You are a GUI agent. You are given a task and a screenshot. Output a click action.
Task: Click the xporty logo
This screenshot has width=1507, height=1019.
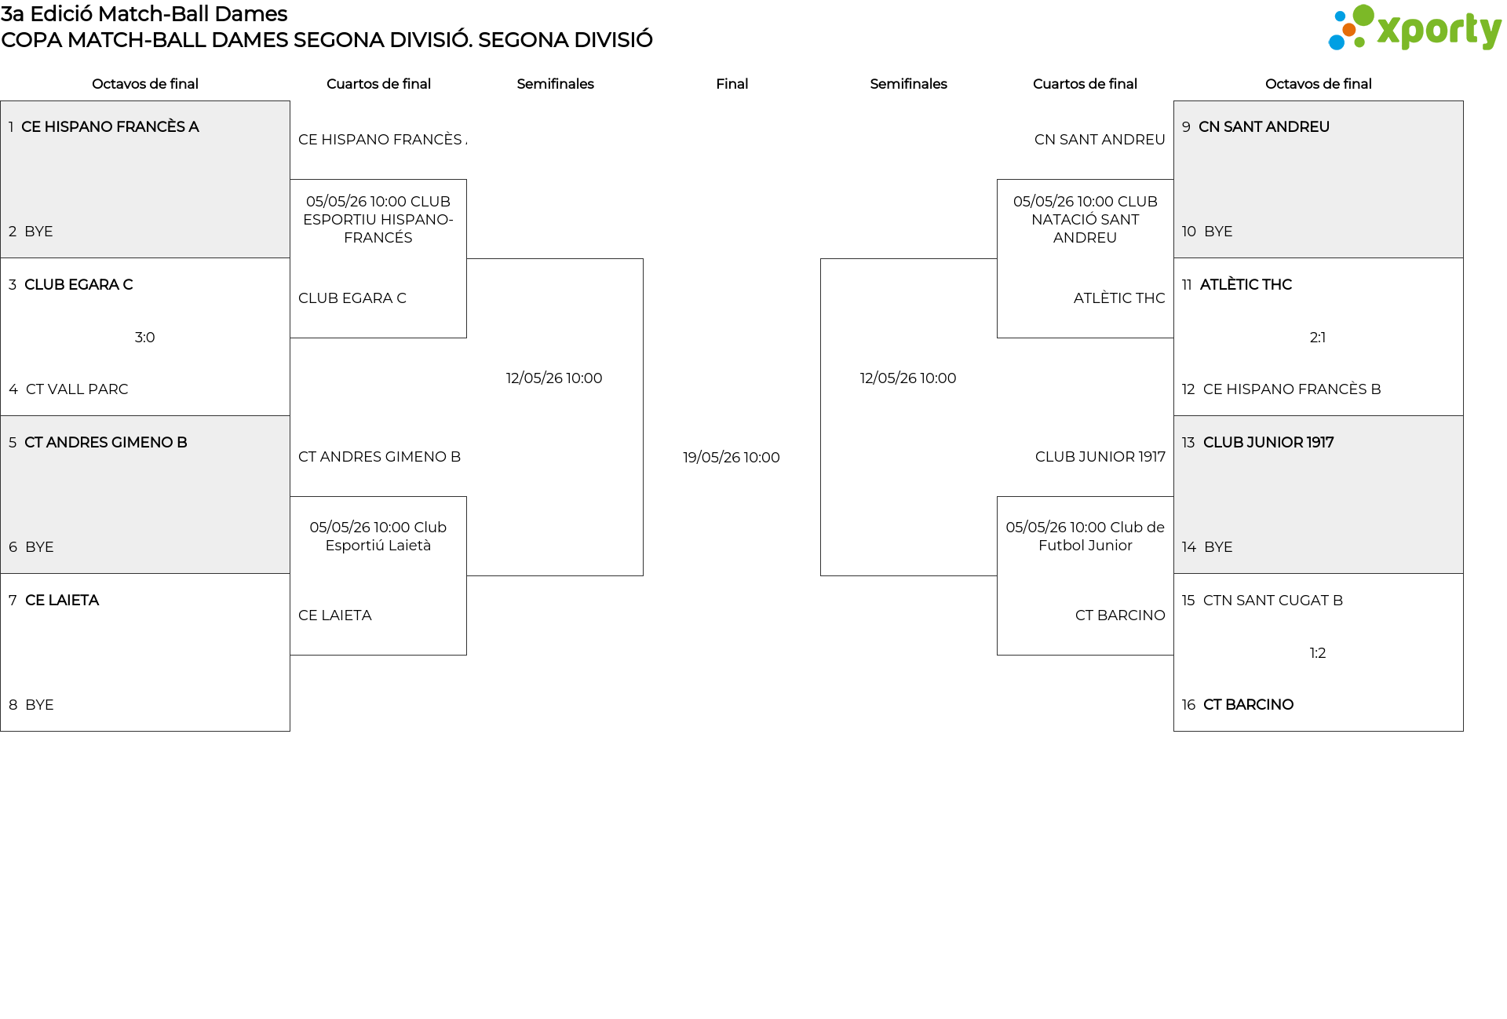point(1414,28)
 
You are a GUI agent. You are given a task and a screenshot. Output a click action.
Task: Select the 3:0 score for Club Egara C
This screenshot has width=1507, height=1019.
point(144,338)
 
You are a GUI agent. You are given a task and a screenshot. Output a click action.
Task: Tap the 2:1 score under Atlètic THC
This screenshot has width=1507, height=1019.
point(1317,338)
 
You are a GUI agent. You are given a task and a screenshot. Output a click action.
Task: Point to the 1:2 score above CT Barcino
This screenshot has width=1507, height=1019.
point(1317,653)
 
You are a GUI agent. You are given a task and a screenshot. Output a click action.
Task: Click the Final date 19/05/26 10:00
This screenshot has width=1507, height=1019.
point(731,458)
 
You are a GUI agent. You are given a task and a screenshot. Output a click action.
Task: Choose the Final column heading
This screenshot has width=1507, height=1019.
point(732,84)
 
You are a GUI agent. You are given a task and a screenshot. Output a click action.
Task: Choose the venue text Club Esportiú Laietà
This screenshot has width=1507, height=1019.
point(378,537)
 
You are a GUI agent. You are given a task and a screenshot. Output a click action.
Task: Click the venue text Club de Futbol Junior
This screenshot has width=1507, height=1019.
point(1086,537)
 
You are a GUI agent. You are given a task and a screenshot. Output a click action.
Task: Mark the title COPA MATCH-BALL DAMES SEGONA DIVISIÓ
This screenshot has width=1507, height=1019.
point(327,40)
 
